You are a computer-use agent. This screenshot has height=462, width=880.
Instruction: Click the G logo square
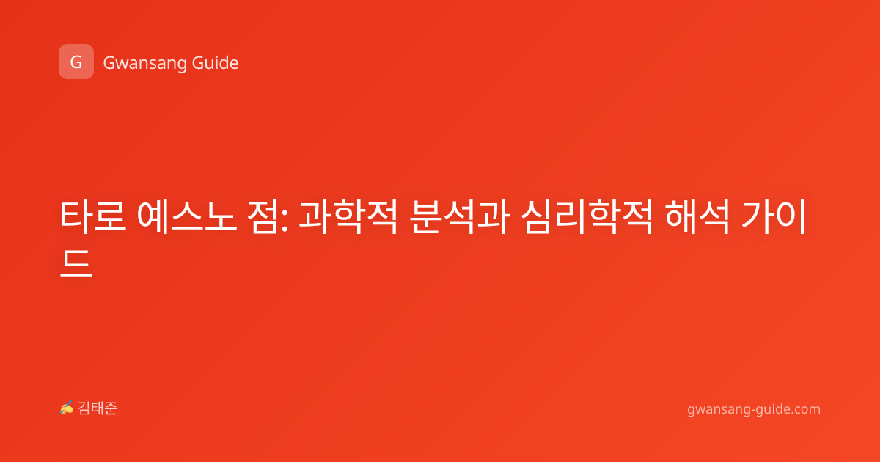click(x=76, y=62)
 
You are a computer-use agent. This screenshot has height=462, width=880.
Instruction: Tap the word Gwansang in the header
click(x=144, y=63)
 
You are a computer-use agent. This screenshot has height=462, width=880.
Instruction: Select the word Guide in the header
click(x=216, y=62)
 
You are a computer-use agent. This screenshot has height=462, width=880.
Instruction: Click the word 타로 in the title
click(x=93, y=216)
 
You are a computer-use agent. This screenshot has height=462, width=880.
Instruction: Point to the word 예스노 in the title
click(x=187, y=216)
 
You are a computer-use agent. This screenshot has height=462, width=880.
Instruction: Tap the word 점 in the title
click(x=265, y=216)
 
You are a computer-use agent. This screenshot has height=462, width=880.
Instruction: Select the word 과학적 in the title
click(x=348, y=216)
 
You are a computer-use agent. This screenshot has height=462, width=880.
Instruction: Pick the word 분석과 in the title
click(x=460, y=216)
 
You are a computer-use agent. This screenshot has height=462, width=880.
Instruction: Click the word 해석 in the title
click(x=697, y=216)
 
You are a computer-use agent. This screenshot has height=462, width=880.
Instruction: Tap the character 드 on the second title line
click(x=76, y=263)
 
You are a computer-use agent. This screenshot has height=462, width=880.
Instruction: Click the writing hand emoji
click(x=67, y=408)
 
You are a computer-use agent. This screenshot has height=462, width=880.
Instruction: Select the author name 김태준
click(x=98, y=408)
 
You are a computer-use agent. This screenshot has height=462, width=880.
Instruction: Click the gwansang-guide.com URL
click(x=754, y=410)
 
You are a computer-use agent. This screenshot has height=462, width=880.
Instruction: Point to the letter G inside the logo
click(x=76, y=62)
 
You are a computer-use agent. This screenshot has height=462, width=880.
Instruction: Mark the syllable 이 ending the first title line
click(x=791, y=216)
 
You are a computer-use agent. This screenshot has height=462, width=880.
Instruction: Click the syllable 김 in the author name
click(x=84, y=408)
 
